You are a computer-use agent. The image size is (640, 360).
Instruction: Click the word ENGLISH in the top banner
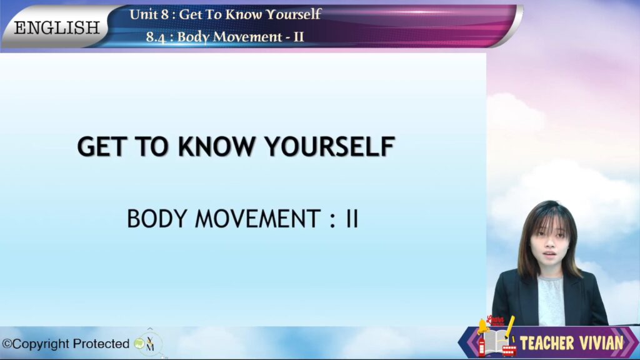57,27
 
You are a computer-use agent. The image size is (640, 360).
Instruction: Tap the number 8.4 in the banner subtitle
156,37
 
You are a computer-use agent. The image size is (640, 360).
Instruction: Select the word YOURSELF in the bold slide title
329,146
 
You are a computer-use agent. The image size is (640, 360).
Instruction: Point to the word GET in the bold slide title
101,146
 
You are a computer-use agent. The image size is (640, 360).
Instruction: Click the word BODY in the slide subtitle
157,219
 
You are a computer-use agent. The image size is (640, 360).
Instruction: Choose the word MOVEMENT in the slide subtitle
257,219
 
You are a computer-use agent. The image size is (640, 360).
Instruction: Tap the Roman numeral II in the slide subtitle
352,219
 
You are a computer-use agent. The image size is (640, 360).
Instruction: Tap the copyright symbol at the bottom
7,344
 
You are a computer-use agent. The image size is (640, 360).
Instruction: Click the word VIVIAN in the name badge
599,343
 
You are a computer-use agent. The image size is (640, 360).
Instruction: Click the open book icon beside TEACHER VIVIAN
496,341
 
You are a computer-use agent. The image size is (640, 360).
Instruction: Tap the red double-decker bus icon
509,351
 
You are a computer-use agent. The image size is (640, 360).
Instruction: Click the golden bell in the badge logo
483,326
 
